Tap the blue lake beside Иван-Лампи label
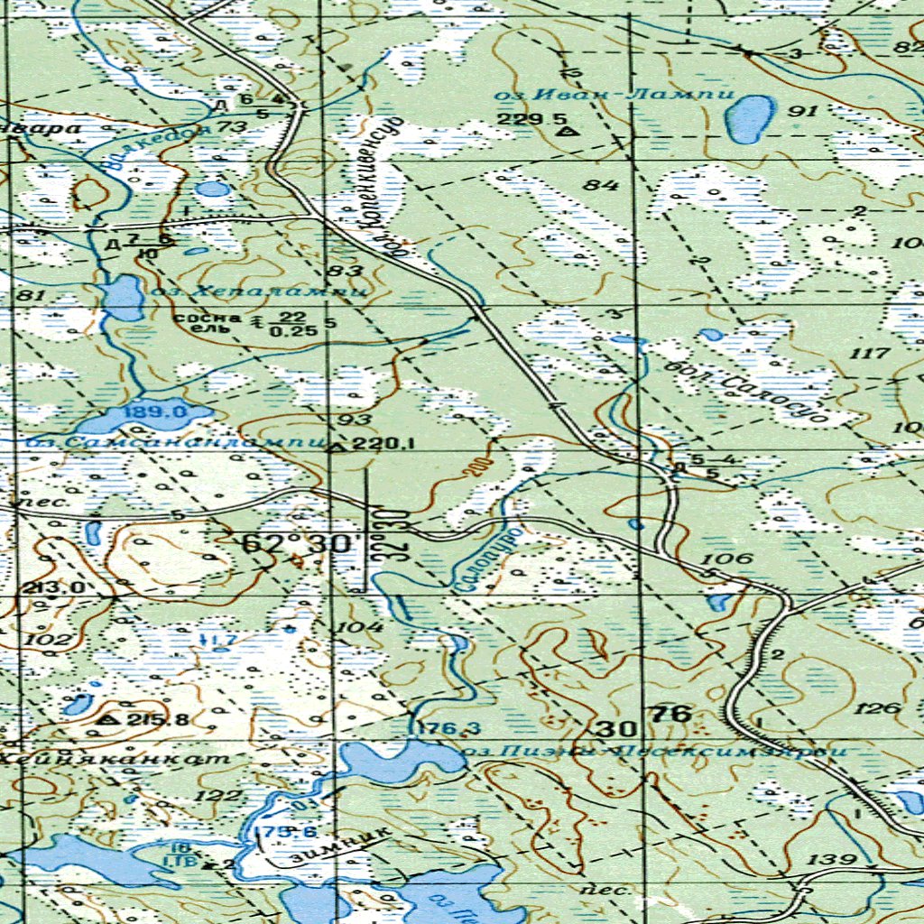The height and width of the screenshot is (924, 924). (751, 118)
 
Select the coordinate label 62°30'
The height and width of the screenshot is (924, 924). (290, 544)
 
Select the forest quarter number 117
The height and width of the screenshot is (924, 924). (870, 353)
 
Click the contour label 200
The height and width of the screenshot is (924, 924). (476, 467)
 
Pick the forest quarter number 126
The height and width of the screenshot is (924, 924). (881, 707)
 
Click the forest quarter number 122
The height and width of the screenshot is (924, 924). (220, 794)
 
